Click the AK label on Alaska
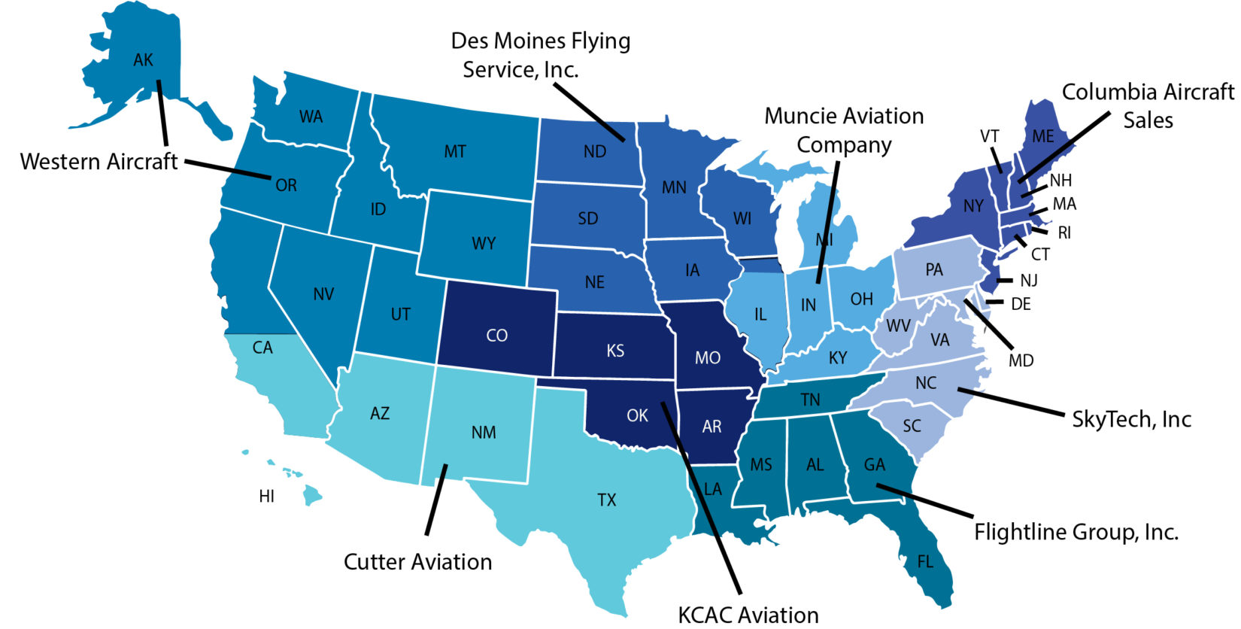[x=143, y=60]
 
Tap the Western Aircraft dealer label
[x=99, y=162]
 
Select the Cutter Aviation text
[x=417, y=562]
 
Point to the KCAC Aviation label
[x=748, y=615]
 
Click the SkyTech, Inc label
[x=1131, y=419]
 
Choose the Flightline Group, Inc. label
[x=1076, y=532]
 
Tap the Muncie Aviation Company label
[x=844, y=130]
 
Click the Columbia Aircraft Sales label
[x=1148, y=105]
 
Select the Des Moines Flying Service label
[x=540, y=55]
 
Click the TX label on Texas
[x=607, y=500]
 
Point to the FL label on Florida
[x=925, y=562]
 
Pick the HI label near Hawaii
[x=266, y=497]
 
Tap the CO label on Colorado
[x=497, y=336]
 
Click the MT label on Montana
[x=455, y=152]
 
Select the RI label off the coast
[x=1064, y=233]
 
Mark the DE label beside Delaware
[x=1021, y=305]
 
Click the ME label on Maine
[x=1042, y=137]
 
